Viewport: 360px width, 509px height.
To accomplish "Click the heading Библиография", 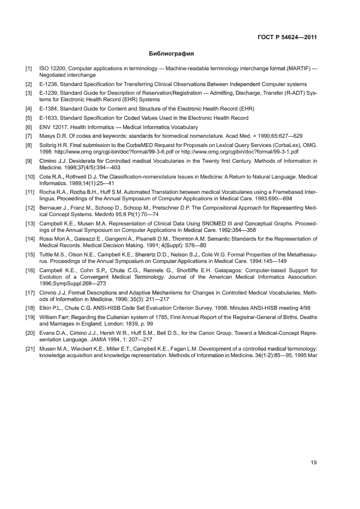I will [172, 54].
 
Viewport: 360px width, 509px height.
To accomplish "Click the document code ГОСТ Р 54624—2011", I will [287, 38].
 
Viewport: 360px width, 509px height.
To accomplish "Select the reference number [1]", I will [28, 69].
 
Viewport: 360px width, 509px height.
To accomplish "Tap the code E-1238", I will [48, 84].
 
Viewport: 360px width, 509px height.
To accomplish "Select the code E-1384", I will [48, 109].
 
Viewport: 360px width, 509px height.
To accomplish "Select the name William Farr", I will [56, 317].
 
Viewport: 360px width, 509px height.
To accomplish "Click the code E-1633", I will [48, 118].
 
